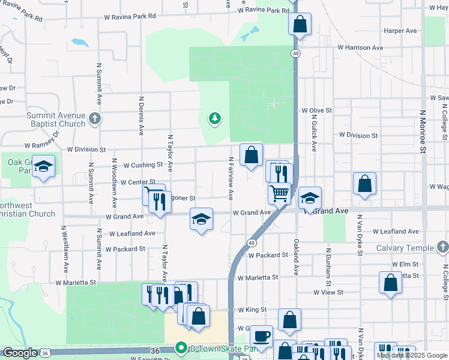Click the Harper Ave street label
[x=400, y=30]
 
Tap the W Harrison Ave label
[x=360, y=47]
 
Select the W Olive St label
[x=316, y=110]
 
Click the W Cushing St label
[x=143, y=164]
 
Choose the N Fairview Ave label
[x=231, y=178]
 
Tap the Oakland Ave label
[x=296, y=257]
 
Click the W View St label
[x=328, y=292]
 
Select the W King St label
[x=252, y=310]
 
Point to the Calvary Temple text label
[x=405, y=248]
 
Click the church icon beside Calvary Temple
[x=442, y=247]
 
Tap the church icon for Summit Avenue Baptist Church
[x=94, y=119]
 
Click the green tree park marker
[x=214, y=119]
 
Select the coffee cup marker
[x=261, y=337]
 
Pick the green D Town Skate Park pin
[x=179, y=348]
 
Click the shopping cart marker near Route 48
[x=279, y=193]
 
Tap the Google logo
[x=20, y=353]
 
